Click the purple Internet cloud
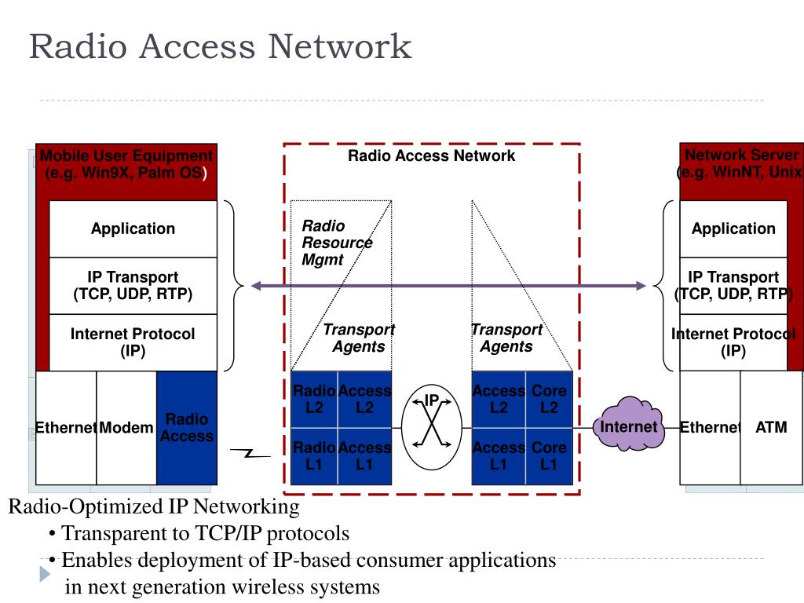[629, 424]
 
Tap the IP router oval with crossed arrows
[432, 426]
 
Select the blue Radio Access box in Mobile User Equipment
[187, 428]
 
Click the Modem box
[126, 428]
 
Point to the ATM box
[771, 428]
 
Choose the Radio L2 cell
[314, 400]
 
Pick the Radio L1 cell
[314, 456]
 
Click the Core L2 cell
[549, 400]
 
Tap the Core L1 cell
[549, 456]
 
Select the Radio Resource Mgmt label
[337, 243]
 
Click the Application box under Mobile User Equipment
[133, 228]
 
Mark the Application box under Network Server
[733, 228]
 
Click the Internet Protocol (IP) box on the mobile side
[133, 342]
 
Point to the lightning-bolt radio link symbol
[250, 453]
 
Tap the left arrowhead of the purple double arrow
[256, 286]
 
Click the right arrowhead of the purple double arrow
[641, 286]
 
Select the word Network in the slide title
[340, 46]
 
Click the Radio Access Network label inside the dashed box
[431, 156]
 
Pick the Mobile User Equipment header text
[126, 164]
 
